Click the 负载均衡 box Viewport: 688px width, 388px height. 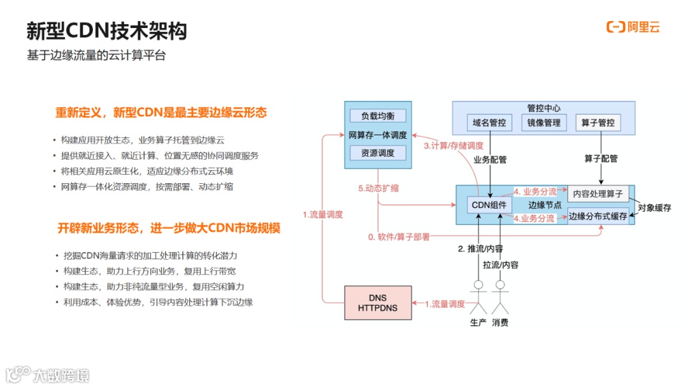coord(378,116)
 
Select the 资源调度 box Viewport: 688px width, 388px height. coord(378,153)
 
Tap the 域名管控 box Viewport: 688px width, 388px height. coord(489,123)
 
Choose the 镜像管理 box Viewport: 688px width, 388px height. coord(544,123)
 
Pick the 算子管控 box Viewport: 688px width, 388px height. coord(598,123)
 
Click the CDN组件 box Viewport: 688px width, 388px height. coord(489,205)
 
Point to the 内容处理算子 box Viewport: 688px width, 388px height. coord(598,193)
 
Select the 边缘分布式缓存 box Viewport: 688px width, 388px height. coord(598,216)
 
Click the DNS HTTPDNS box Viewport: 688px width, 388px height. coord(377,303)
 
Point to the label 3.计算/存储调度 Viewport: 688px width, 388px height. coord(453,146)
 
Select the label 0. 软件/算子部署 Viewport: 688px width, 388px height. coord(399,237)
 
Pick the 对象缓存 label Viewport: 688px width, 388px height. coord(654,207)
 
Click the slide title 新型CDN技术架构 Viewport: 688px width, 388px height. coord(107,31)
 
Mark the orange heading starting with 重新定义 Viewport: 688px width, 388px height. coord(161,113)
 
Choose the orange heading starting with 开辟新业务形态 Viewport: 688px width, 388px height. coord(169,228)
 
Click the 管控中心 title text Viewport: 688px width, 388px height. coord(543,108)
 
